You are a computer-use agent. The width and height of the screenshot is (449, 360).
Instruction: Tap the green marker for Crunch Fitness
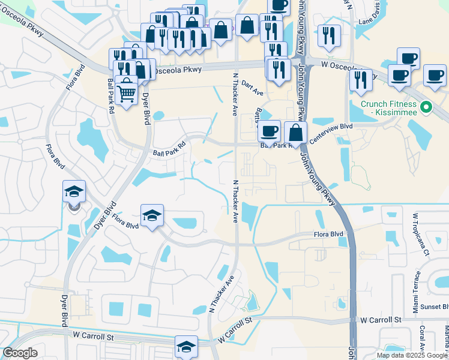tap(426, 108)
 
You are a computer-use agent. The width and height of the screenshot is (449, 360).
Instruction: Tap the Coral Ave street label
tap(422, 339)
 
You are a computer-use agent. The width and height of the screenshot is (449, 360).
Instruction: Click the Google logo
tap(20, 353)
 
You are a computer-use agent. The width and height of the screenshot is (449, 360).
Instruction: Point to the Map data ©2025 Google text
tap(412, 355)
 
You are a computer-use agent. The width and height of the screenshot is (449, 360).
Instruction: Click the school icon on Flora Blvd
tap(152, 215)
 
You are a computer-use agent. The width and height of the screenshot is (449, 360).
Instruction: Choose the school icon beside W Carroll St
tap(186, 346)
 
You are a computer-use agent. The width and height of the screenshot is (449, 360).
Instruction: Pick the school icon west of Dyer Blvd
tap(74, 191)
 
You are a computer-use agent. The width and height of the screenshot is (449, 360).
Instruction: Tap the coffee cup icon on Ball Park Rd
tap(269, 130)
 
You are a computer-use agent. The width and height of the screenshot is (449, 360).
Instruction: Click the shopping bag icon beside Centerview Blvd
tap(295, 132)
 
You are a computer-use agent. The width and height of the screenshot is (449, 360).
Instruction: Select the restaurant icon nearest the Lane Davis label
tap(329, 35)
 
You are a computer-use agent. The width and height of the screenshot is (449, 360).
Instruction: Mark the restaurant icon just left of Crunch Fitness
tap(360, 80)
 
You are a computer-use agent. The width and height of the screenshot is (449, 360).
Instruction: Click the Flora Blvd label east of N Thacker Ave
tap(328, 234)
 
